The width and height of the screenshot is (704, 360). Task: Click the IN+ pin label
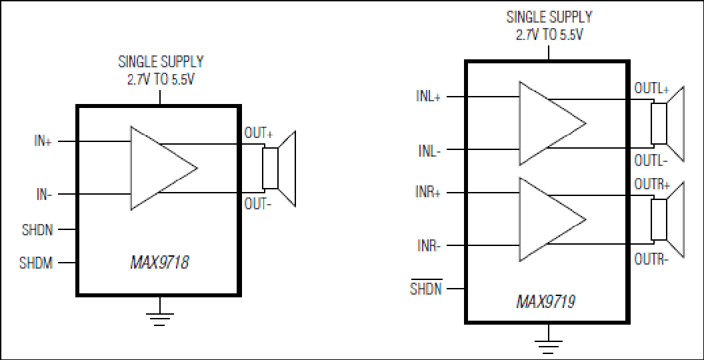tap(43, 141)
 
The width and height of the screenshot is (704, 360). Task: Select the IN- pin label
tap(44, 195)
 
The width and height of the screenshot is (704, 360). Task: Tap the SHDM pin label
tap(36, 263)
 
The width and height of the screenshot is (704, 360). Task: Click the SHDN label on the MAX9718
tap(37, 230)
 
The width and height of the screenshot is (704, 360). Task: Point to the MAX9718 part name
tap(159, 262)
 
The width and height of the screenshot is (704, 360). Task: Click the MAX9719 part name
tap(546, 301)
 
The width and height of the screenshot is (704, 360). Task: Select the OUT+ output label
tap(259, 133)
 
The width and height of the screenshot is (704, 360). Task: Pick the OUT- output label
tap(258, 204)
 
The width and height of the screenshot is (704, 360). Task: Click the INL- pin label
tap(430, 151)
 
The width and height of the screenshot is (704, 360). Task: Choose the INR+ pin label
tap(428, 193)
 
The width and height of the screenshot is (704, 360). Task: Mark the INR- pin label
tap(429, 246)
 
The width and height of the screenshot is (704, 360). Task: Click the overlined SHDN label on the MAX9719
tap(426, 288)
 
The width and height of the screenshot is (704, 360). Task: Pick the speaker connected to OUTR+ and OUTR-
tap(667, 220)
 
